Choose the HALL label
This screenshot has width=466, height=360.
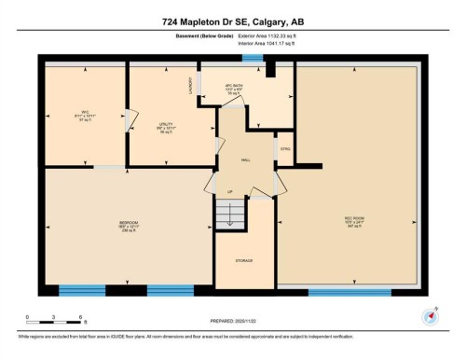point(245,160)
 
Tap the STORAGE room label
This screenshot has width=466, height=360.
point(244,260)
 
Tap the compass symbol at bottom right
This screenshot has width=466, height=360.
point(430,314)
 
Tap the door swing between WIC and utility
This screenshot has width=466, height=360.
point(131,118)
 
